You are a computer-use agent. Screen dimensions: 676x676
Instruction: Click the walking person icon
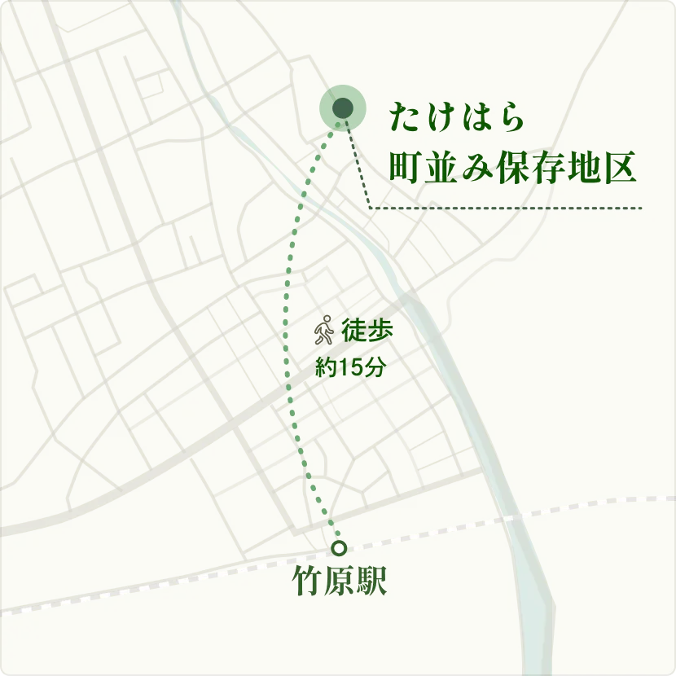324,330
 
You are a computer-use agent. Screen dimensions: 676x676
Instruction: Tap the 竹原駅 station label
339,582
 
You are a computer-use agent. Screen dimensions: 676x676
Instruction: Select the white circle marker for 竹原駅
339,547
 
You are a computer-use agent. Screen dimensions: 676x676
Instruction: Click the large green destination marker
342,108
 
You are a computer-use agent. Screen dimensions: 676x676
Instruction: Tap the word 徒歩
367,331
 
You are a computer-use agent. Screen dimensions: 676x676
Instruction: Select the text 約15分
350,367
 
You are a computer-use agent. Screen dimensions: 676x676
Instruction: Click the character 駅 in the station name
371,582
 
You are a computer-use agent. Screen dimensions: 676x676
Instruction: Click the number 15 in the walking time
350,367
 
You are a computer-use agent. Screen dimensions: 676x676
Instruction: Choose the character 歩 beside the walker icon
380,331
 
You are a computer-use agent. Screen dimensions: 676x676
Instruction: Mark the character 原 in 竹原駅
339,582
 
